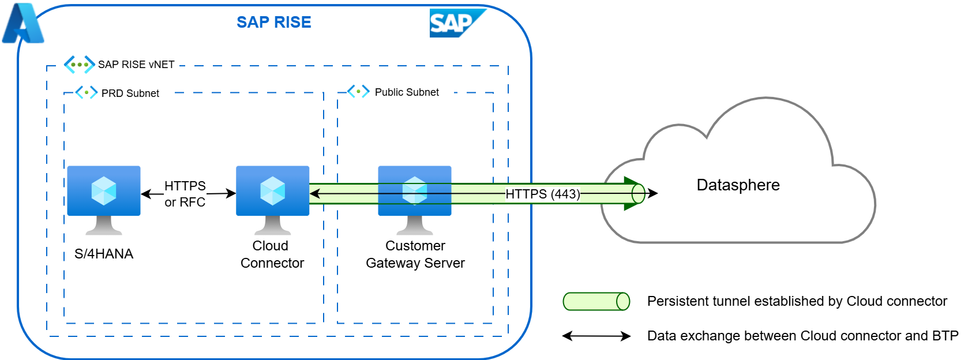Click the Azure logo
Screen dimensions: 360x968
pos(22,24)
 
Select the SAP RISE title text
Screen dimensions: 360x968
pos(273,22)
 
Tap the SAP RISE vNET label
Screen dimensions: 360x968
pos(136,65)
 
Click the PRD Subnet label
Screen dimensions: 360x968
pos(130,93)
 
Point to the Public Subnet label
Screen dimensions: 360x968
pos(407,92)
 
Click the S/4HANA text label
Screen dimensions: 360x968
pos(104,254)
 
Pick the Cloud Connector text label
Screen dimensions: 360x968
pos(272,254)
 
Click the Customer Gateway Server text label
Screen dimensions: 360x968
pos(415,254)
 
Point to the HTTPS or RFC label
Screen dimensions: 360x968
pos(185,194)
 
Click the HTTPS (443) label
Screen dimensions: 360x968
pos(543,194)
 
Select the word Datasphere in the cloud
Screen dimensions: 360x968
pos(738,185)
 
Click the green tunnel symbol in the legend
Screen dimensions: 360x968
pos(596,301)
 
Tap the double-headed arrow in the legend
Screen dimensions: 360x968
pos(596,336)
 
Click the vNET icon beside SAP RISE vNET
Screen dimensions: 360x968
pos(79,65)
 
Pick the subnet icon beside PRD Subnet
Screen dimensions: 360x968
pos(87,92)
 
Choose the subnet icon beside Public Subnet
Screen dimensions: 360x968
pos(358,91)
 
